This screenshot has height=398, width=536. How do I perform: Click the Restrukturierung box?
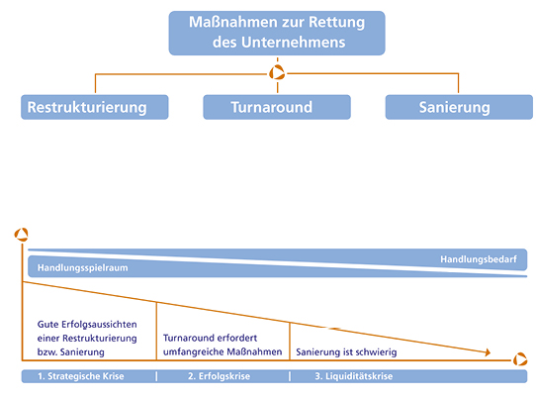[x=94, y=107]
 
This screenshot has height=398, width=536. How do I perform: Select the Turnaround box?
[x=277, y=107]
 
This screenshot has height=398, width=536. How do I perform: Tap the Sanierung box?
[x=459, y=107]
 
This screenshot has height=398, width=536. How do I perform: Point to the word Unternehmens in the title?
[x=294, y=43]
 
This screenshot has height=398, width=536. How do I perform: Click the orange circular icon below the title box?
[x=277, y=72]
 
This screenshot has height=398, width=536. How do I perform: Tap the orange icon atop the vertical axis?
[x=21, y=235]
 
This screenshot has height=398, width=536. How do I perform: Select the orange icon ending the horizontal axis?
[x=520, y=359]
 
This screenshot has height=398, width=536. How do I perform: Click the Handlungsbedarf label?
[x=479, y=259]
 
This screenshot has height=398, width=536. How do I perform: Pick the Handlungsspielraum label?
[x=83, y=268]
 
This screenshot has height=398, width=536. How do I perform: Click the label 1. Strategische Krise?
[x=81, y=376]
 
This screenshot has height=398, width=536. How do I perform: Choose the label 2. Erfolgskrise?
[x=219, y=376]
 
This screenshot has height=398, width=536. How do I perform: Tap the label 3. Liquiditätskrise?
[x=354, y=376]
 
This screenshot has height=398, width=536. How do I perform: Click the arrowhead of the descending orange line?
[x=488, y=352]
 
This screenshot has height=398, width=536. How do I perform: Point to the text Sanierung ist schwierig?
[x=346, y=352]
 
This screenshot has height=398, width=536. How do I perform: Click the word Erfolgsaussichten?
[x=99, y=325]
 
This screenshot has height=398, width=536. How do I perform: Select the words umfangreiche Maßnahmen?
[x=223, y=352]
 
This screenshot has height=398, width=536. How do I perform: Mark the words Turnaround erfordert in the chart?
[x=210, y=339]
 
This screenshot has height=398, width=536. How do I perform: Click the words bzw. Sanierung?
[x=71, y=352]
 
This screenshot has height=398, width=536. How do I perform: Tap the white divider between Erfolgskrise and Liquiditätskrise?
[x=290, y=376]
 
